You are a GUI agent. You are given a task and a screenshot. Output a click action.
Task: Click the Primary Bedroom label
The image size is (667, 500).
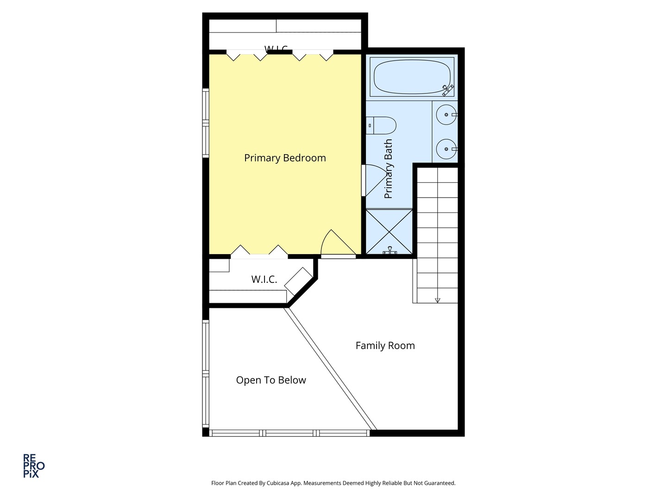coord(285,158)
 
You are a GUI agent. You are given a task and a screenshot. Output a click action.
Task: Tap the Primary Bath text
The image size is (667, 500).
coord(388,169)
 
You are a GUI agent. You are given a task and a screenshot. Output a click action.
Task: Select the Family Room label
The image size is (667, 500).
coord(385,345)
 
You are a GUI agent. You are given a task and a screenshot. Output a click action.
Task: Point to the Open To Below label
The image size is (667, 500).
coord(271,380)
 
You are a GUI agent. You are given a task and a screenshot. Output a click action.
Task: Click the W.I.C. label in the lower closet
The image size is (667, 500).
coord(264,280)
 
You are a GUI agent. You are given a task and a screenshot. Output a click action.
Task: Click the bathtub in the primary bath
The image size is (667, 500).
coord(412,77)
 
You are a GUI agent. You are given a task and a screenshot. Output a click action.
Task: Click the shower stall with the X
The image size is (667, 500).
coord(389,231)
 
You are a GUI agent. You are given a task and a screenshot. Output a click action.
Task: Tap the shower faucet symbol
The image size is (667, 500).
coord(390,251)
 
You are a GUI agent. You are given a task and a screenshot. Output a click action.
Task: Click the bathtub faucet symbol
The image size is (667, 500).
coord(447,90)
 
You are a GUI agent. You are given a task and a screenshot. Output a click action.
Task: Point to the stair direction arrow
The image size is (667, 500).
coord(437,300)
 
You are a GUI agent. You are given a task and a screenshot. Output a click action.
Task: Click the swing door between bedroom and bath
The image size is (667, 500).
coord(373,181)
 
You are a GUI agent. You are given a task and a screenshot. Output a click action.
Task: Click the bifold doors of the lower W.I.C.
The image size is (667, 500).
coord(259,252)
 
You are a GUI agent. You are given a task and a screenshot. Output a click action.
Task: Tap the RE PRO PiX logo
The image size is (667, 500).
coord(34,466)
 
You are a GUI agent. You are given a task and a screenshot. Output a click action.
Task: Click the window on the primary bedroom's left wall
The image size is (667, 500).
coord(206,123)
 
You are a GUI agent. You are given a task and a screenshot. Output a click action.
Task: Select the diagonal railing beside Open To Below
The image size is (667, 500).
coord(330,369)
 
